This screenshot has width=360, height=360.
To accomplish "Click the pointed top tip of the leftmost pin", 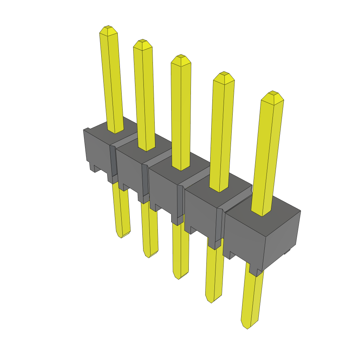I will (x=108, y=27).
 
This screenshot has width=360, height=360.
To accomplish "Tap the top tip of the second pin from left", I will (x=142, y=41).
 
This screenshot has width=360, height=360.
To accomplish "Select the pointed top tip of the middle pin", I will (x=181, y=56).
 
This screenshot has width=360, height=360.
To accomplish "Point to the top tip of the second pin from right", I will (x=224, y=74).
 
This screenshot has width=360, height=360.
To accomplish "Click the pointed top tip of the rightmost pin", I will (x=272, y=93).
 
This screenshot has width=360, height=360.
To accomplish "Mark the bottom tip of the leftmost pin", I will (x=122, y=237).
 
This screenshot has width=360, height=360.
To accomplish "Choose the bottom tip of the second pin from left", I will (x=149, y=256).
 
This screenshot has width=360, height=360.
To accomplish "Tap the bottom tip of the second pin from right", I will (x=211, y=302).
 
